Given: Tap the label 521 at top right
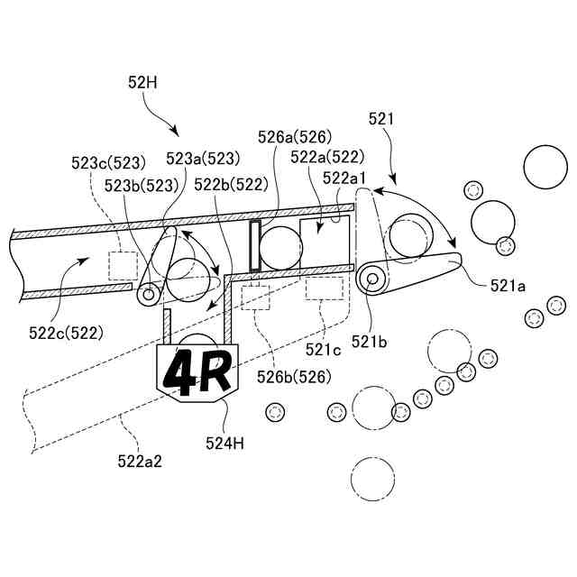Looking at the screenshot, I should pos(381,118).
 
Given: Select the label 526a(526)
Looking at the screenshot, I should pos(295,138).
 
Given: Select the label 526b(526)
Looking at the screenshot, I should pos(294,376).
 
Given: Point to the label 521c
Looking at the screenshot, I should pos(322,348).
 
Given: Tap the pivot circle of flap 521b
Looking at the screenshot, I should pos(371,278).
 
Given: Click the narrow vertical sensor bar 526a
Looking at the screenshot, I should pos(254,244).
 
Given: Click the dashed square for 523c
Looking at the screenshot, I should pos(122,265).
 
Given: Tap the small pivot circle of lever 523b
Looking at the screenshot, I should pos(148,294).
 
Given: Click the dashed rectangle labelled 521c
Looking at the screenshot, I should pos(325,288).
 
